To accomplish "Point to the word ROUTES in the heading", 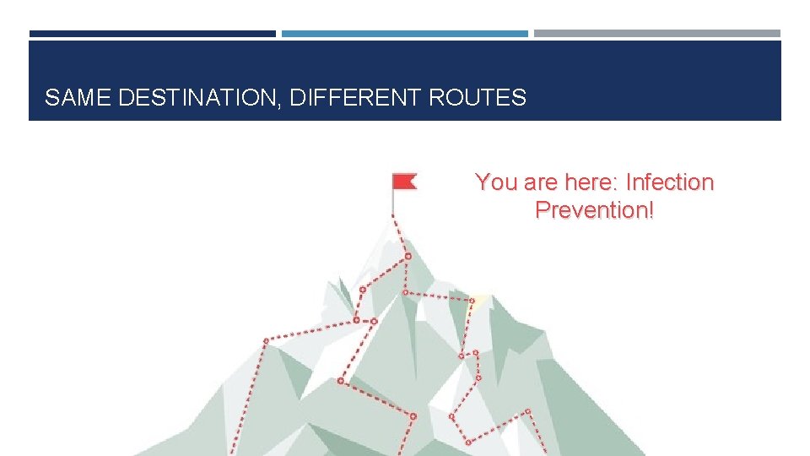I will click(x=477, y=98).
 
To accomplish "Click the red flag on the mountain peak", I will click(x=404, y=181).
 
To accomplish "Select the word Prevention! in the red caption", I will click(x=594, y=210).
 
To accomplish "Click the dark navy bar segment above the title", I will click(x=152, y=34).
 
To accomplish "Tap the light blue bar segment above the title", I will click(x=404, y=34).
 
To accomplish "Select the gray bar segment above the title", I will click(x=656, y=34).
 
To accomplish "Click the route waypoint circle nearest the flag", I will click(x=408, y=255).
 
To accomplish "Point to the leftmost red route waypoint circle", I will click(x=266, y=341).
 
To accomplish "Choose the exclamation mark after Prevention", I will click(x=651, y=210).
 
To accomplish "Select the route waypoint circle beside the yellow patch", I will click(x=471, y=299).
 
